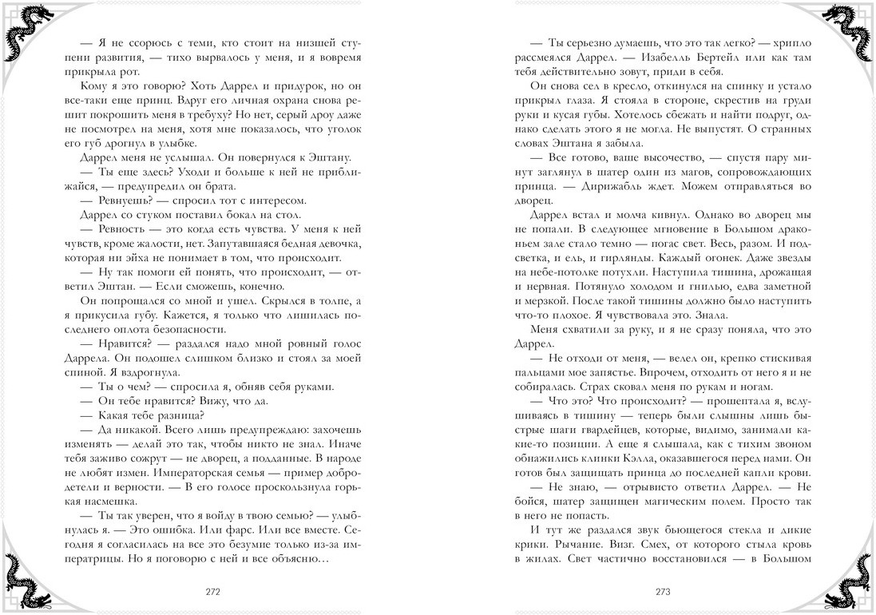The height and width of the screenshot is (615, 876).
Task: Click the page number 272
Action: [212, 592]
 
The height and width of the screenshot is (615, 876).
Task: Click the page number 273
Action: [662, 592]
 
